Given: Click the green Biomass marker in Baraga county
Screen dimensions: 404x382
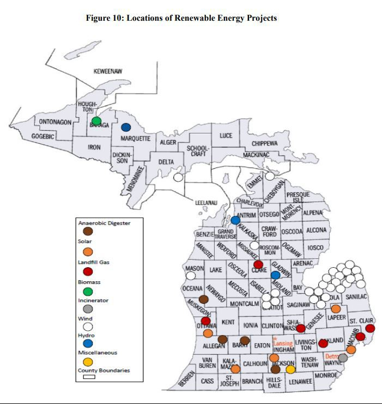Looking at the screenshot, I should click(x=96, y=120).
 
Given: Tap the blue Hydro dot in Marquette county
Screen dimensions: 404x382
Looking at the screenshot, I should click(x=126, y=127).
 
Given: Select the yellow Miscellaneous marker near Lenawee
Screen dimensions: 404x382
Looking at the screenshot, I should click(x=290, y=369).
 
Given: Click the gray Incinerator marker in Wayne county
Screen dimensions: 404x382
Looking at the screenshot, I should click(x=343, y=358).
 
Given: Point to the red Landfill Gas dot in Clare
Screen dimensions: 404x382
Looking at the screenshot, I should click(x=258, y=264).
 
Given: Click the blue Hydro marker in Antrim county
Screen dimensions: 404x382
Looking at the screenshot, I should click(x=235, y=220).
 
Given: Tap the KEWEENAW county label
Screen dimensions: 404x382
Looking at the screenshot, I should click(x=108, y=71).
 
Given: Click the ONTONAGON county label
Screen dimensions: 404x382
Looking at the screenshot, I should click(x=55, y=122).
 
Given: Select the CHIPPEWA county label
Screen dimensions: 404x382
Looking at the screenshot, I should click(x=264, y=143).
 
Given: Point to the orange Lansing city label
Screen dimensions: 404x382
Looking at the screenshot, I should click(x=283, y=343).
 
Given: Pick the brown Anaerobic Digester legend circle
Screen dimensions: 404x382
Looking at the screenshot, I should click(x=87, y=231).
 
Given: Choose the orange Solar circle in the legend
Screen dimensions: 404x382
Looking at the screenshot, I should click(x=87, y=251).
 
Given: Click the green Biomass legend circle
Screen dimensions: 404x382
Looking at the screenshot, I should click(x=87, y=292).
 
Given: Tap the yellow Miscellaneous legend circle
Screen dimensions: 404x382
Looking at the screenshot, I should click(x=87, y=361).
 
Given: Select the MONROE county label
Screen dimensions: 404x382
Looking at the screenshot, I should click(x=326, y=376).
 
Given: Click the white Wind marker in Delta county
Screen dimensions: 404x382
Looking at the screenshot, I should click(x=178, y=177).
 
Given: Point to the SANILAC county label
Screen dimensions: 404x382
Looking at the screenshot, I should click(x=356, y=297).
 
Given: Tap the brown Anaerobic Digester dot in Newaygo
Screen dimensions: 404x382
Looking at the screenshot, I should click(x=203, y=299).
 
